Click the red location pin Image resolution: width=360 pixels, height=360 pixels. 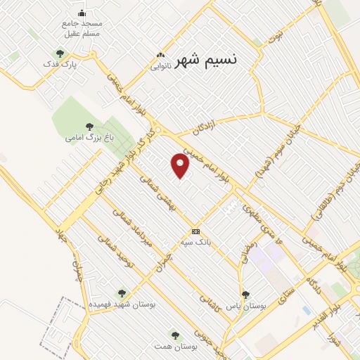(181, 166)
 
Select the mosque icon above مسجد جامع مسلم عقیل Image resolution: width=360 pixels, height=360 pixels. (82, 13)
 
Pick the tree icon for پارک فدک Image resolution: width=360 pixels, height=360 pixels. (60, 53)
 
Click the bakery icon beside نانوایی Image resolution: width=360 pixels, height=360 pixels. (161, 56)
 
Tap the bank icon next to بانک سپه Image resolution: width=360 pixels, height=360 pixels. (195, 232)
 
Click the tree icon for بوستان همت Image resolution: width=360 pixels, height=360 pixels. (175, 336)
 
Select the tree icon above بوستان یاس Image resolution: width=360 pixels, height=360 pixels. (245, 295)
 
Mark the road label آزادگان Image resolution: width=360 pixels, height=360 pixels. (207, 127)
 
